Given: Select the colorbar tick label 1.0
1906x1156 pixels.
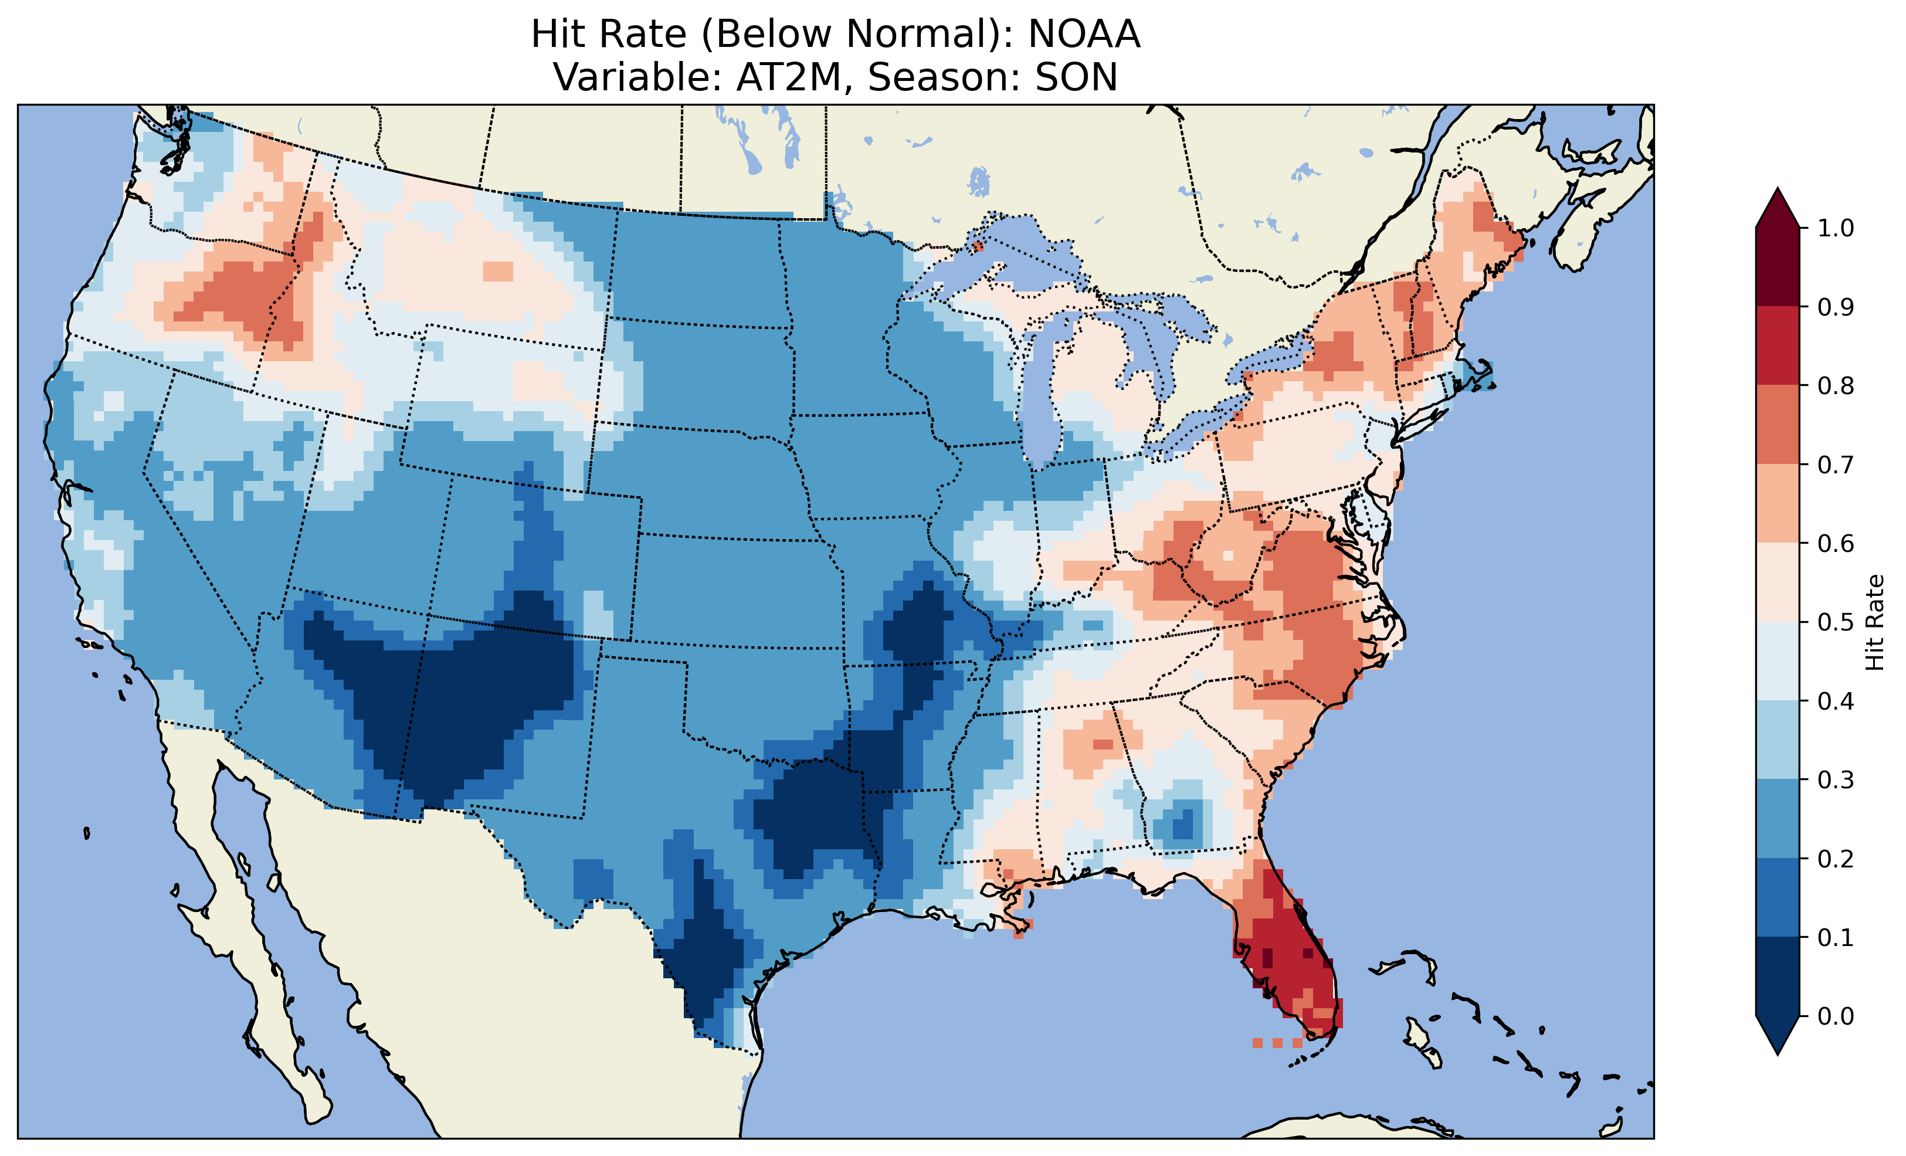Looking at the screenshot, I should point(1836,228).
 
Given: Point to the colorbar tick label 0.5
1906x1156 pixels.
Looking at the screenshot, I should point(1836,622).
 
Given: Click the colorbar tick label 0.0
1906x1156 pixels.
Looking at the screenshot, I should point(1836,1016).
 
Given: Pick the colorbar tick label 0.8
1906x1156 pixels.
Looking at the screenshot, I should point(1836,386).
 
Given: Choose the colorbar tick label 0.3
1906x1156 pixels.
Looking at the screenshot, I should point(1836,780).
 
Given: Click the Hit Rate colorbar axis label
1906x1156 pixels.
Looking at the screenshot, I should point(1874,622).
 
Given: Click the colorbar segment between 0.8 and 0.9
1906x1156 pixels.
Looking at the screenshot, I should point(1778,346).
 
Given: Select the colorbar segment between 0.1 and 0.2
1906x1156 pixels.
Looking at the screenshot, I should point(1778,897).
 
